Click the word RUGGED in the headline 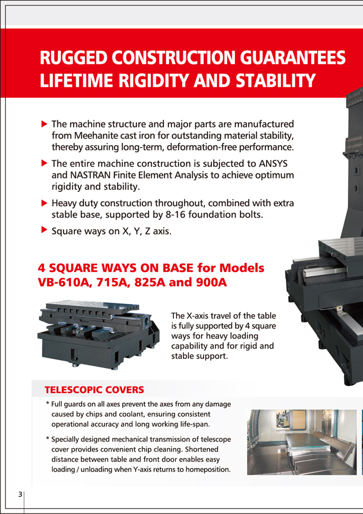coord(74,58)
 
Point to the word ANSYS coord(273,163)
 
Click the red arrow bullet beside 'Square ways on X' coord(44,230)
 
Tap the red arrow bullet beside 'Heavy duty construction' coord(44,203)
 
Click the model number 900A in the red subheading coord(212,282)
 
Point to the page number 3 coord(20,494)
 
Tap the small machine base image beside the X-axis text coord(98,337)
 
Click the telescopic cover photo coord(301,442)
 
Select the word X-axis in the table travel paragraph coord(198,315)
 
